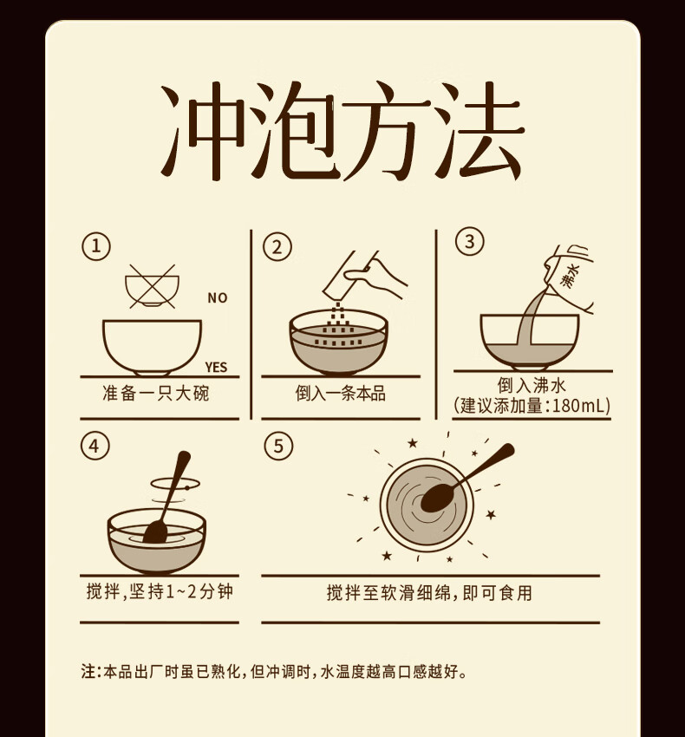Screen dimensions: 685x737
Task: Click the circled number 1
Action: coord(96,246)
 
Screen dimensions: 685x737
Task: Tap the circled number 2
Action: coord(277,247)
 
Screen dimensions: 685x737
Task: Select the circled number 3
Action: coord(469,241)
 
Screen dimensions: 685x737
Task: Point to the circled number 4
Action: coord(95,445)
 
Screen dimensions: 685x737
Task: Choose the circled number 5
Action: coord(278,445)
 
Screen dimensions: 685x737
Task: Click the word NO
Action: coord(218,298)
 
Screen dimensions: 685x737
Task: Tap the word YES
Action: coord(216,367)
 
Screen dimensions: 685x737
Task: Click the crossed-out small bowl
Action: coord(152,287)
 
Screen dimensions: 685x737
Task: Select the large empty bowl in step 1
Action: coord(152,348)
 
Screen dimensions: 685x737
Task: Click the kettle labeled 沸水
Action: coord(570,277)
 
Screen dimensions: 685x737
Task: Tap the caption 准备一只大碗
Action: coord(155,393)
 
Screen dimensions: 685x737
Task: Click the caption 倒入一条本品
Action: coord(341,393)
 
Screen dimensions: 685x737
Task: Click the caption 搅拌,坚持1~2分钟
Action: coord(160,591)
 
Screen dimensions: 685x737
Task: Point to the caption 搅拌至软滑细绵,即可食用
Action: coord(430,593)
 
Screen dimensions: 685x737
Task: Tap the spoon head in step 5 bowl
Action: coord(437,498)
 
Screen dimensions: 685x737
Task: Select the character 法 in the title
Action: coord(478,131)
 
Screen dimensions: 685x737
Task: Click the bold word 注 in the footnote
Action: coord(88,671)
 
